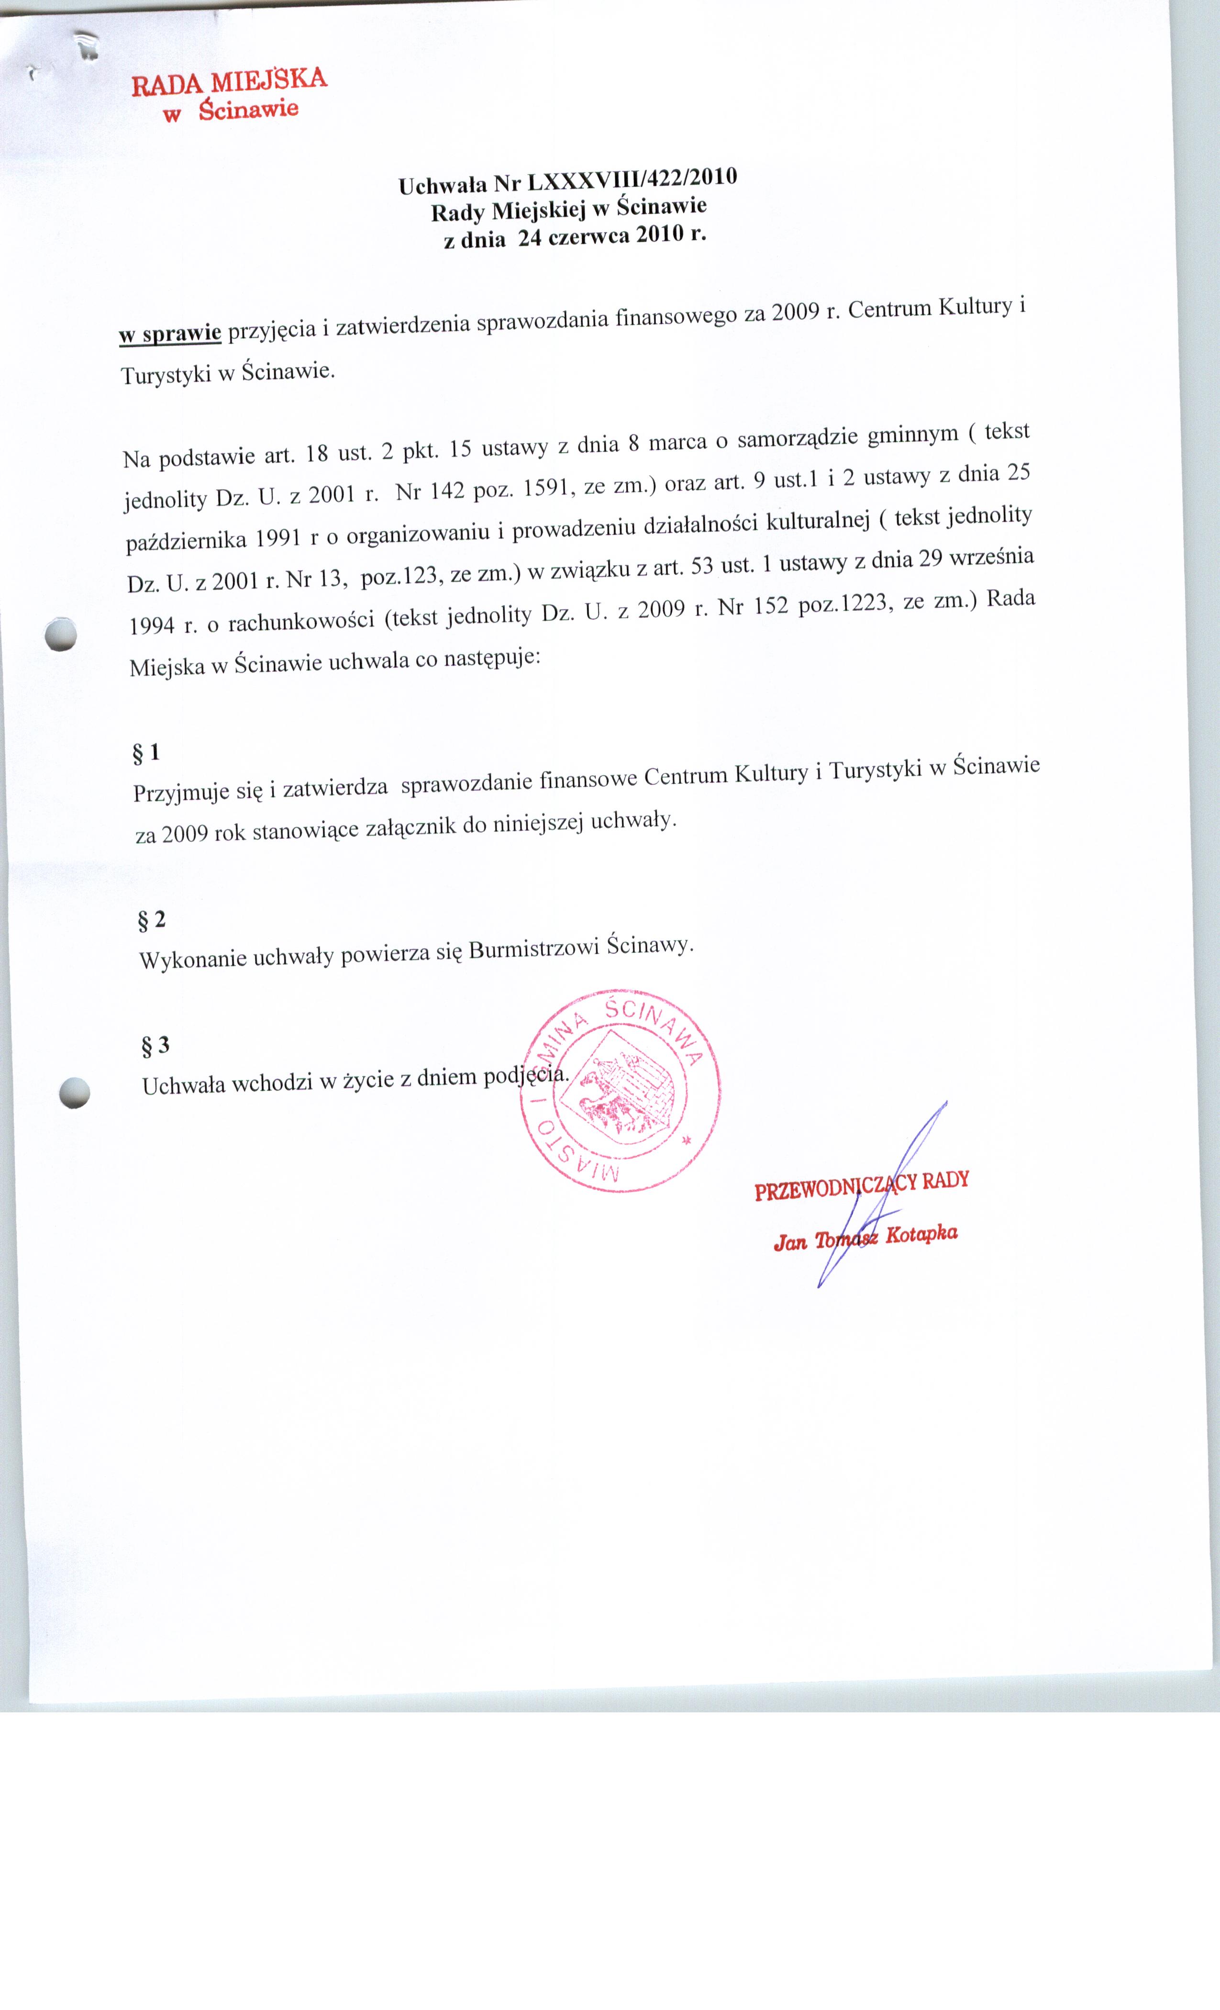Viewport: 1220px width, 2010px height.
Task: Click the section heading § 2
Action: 152,920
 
